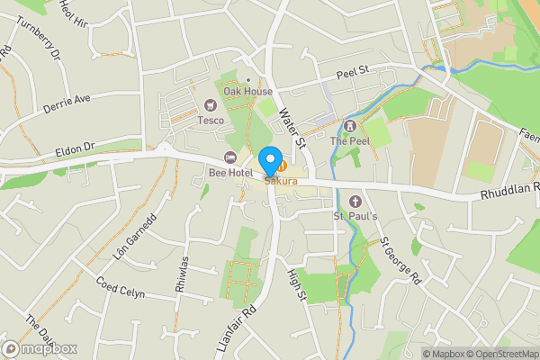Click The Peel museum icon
tap(349, 126)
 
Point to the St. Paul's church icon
tap(355, 201)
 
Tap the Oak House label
tap(247, 92)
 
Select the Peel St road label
tap(354, 71)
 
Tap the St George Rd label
tap(400, 260)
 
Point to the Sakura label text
tap(280, 182)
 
